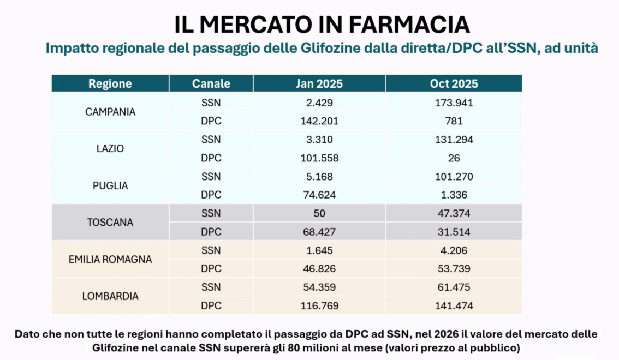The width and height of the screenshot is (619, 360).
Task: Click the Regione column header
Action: coord(110,83)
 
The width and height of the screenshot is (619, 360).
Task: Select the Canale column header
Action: coord(211,83)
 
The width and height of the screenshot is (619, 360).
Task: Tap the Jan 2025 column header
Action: coord(319,83)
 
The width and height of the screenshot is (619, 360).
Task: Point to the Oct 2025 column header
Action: coord(454,83)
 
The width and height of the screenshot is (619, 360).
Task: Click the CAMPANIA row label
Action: coord(110,112)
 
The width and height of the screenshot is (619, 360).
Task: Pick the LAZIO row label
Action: coord(110,148)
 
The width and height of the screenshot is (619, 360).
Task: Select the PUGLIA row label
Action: coord(110,185)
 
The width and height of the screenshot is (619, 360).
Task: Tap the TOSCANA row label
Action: coord(110,223)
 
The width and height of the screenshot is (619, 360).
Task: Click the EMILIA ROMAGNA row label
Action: coord(110,260)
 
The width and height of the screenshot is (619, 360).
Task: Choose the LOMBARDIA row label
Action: coord(110,297)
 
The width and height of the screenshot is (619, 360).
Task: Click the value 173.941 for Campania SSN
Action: coord(454,103)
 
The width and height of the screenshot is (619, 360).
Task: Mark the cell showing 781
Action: coord(454,121)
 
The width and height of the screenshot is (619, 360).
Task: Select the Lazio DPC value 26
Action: coord(454,158)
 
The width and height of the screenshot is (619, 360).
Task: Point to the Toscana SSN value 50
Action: coord(319,214)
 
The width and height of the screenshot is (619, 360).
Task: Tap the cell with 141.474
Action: coord(454,306)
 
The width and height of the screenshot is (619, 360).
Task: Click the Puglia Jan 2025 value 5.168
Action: coord(319,177)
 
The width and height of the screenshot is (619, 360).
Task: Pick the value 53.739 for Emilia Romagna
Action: coord(454,269)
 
